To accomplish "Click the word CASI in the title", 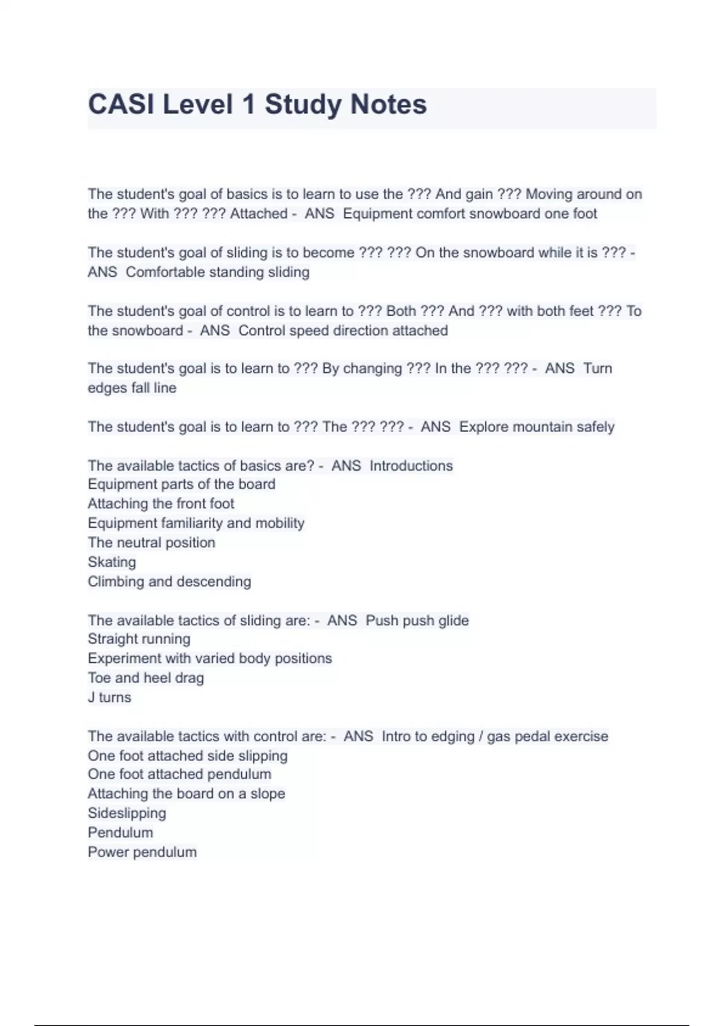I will click(x=121, y=104).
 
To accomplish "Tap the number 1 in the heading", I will click(x=248, y=104).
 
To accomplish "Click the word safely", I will click(x=594, y=427).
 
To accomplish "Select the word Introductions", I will click(x=411, y=466).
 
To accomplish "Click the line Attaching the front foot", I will click(x=161, y=504).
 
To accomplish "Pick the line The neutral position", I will click(x=151, y=543).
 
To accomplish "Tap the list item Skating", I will click(x=112, y=562).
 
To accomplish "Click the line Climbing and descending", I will click(x=170, y=582).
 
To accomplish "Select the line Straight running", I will click(x=139, y=639).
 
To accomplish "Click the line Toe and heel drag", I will click(x=146, y=678).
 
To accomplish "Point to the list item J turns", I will click(x=109, y=698).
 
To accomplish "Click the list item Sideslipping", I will click(x=127, y=814).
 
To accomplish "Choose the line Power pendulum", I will click(x=142, y=852).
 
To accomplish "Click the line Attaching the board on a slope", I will click(x=186, y=794).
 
